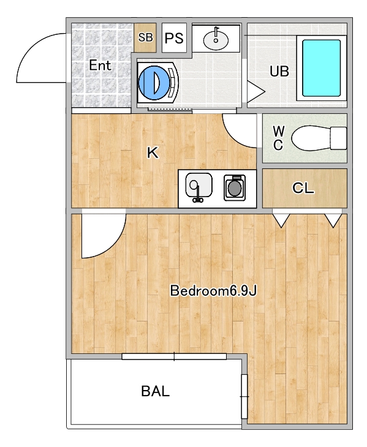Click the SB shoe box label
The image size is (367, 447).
click(x=145, y=37)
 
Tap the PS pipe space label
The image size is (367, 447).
click(x=174, y=37)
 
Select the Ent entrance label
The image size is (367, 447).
click(x=100, y=66)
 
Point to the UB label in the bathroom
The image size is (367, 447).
click(x=279, y=71)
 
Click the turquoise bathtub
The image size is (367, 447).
click(x=322, y=68)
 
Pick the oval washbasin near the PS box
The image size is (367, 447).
click(x=216, y=40)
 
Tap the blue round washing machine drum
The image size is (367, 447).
click(x=154, y=83)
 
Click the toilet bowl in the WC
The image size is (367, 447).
click(x=311, y=138)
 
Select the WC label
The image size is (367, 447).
click(x=278, y=138)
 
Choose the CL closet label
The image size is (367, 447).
click(x=303, y=188)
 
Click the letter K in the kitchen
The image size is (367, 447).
click(x=153, y=153)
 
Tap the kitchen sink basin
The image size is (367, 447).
click(x=199, y=185)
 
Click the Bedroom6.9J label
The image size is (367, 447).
click(x=213, y=290)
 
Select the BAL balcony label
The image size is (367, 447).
click(x=156, y=391)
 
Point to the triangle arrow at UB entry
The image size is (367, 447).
click(x=255, y=92)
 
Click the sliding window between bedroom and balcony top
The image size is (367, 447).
click(x=174, y=356)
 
